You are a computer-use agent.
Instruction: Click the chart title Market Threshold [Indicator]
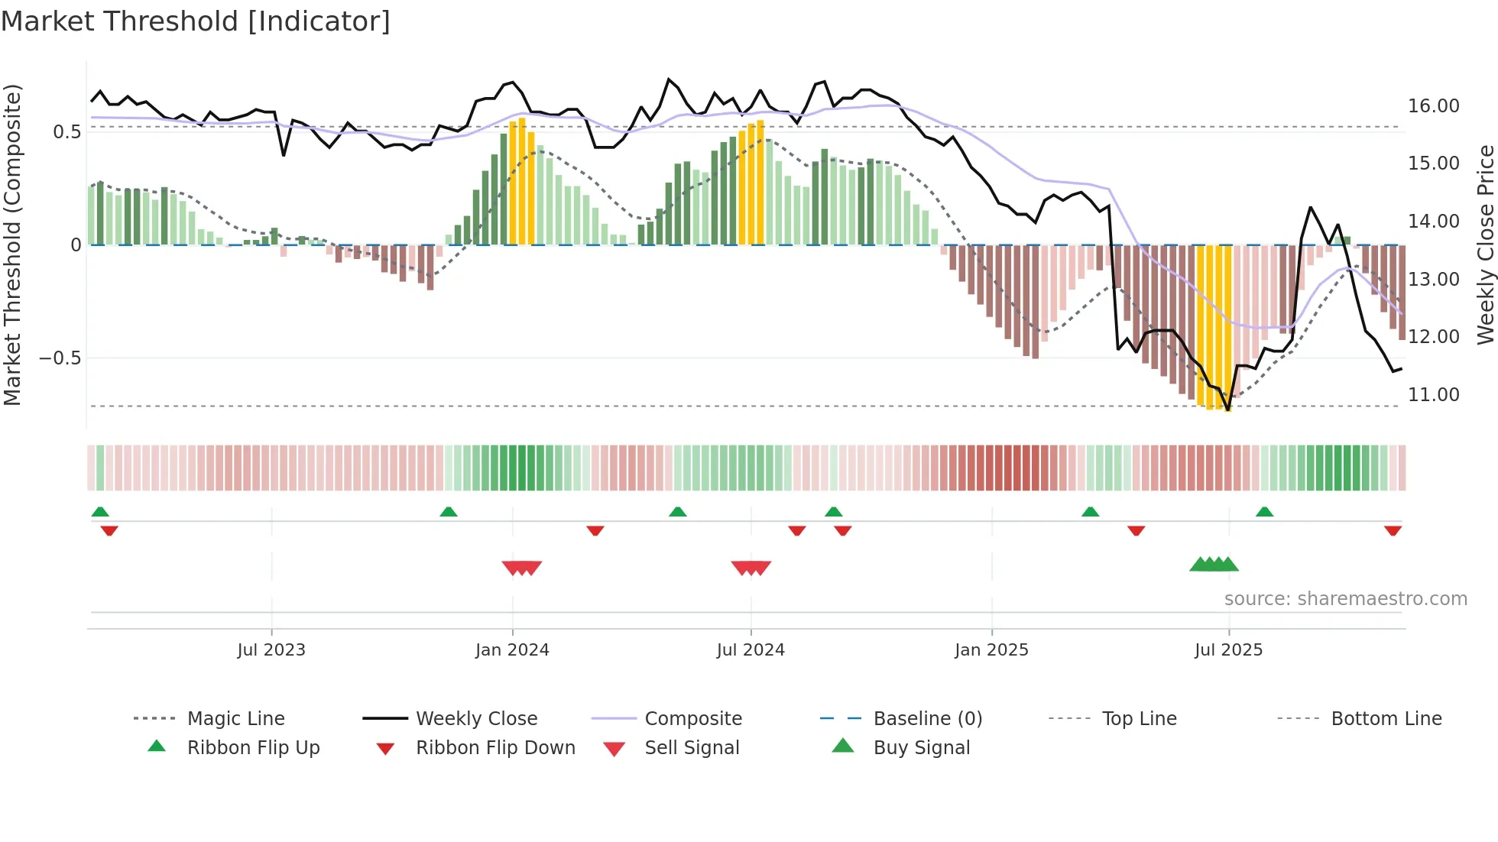coord(196,21)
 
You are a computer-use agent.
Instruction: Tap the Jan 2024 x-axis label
coord(512,650)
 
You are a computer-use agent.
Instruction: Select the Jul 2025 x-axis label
coord(1228,650)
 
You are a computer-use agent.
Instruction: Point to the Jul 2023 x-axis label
coord(271,650)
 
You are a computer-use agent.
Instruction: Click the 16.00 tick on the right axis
coord(1433,106)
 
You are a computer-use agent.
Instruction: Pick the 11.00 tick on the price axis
coord(1433,395)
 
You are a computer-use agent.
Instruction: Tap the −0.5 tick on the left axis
coord(60,358)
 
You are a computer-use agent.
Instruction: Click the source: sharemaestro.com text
coord(1345,599)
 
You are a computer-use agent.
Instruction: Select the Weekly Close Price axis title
coord(1485,245)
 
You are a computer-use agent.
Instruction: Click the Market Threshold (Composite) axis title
coord(12,245)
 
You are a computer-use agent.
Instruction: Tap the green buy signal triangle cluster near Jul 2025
coord(1214,565)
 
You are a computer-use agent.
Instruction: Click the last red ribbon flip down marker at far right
coord(1393,530)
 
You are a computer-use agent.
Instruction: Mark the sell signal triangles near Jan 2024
coord(522,568)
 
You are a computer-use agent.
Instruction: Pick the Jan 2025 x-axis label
coord(991,650)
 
